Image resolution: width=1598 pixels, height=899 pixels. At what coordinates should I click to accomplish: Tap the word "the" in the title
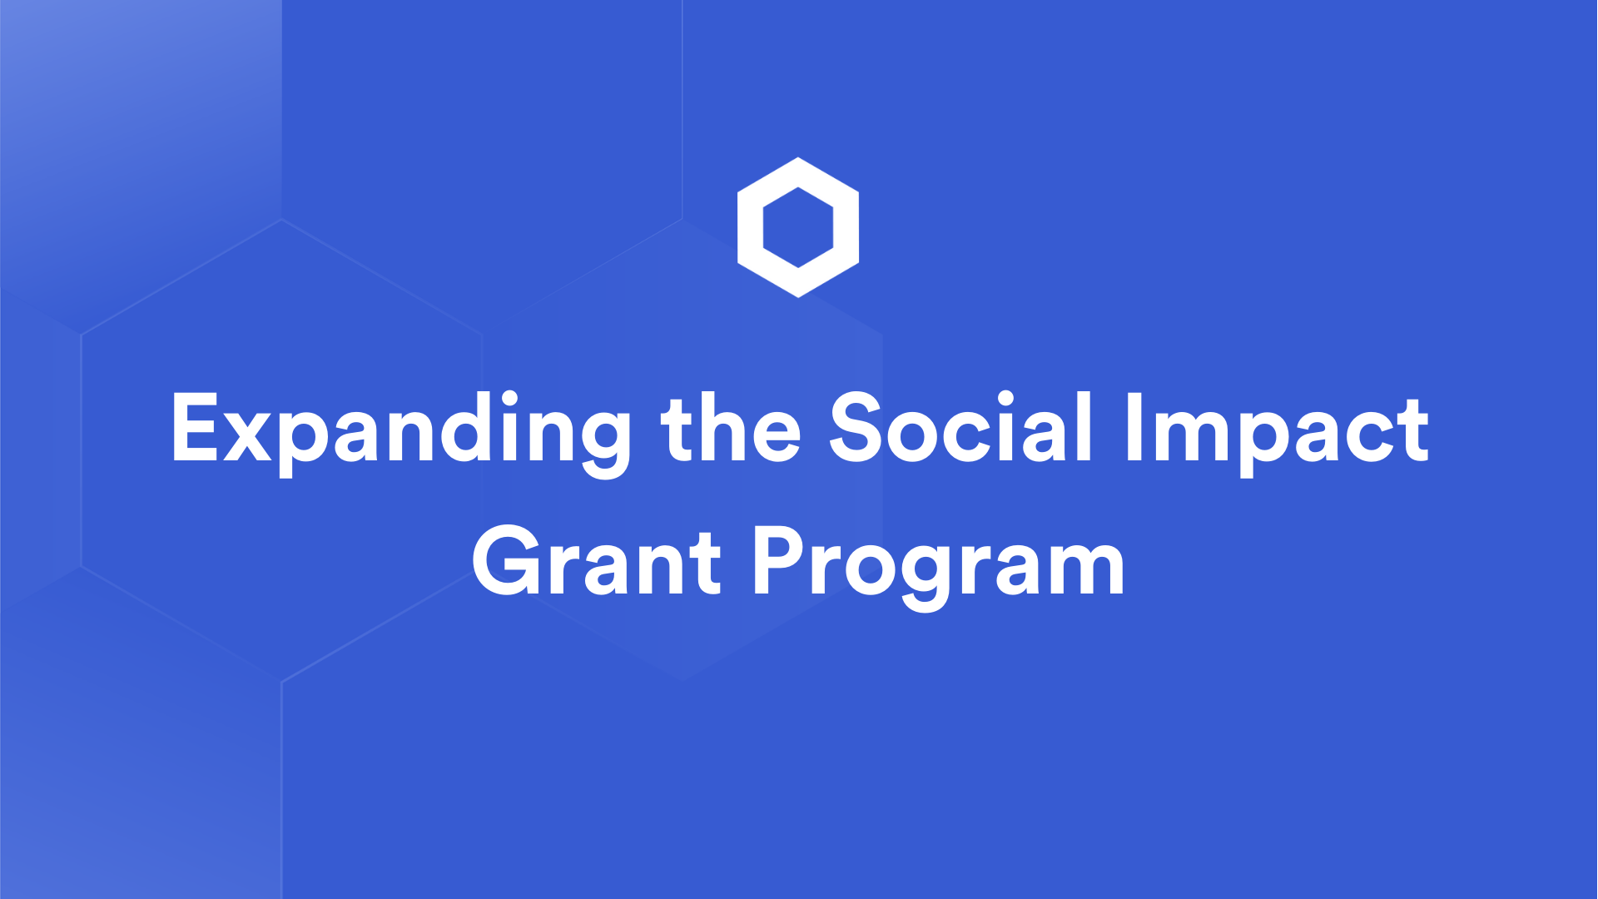click(x=731, y=428)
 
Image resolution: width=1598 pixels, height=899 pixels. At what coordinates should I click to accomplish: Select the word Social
click(x=960, y=428)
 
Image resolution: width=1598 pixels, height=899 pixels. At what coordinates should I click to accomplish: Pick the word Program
click(x=939, y=564)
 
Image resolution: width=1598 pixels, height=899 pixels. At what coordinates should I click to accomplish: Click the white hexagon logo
click(x=798, y=227)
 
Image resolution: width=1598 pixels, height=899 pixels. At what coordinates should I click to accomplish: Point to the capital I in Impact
click(x=1133, y=428)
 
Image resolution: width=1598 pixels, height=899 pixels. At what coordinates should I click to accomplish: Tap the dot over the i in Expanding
click(x=509, y=399)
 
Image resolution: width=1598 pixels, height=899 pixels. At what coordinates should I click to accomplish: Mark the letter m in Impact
click(x=1190, y=439)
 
